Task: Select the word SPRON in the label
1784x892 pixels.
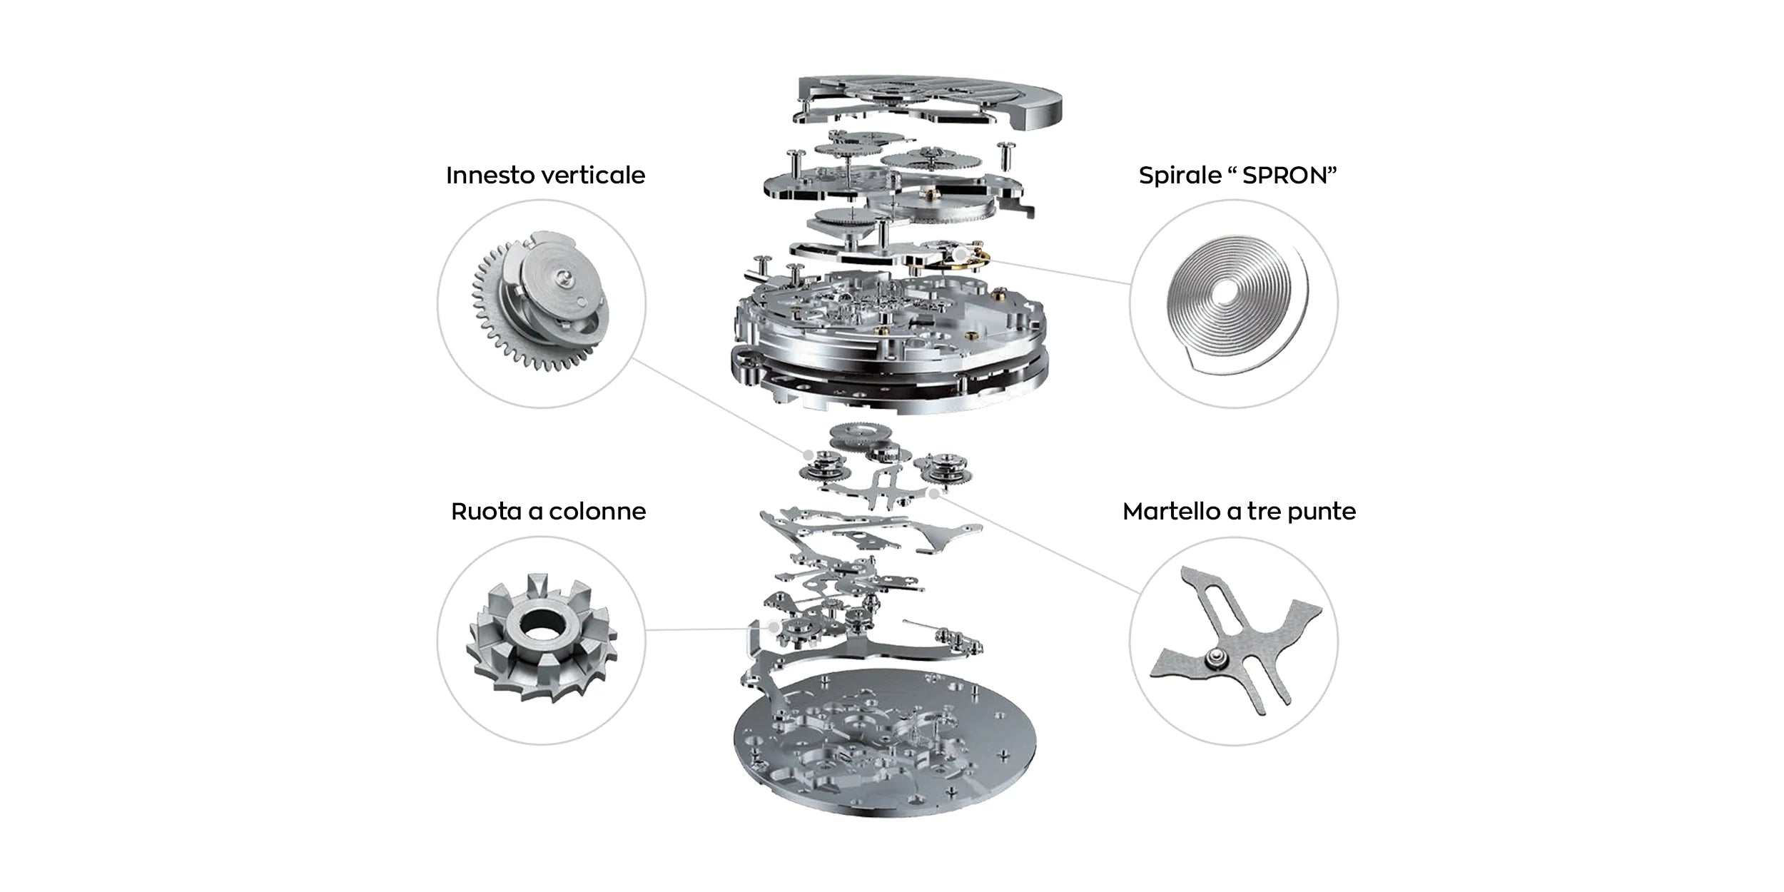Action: coord(1284,176)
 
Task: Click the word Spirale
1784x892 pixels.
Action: coord(1180,176)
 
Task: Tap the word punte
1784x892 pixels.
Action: coord(1327,512)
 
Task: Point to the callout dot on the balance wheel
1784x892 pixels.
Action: coord(961,254)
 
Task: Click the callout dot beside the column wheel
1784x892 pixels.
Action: coord(773,627)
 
